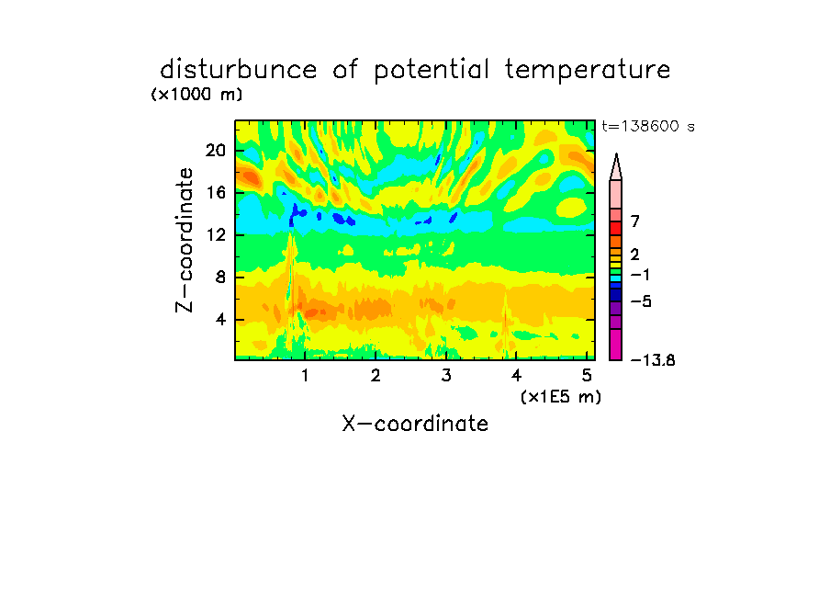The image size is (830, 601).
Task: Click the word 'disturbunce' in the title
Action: (x=239, y=70)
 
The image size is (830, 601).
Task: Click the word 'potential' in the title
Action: (x=432, y=71)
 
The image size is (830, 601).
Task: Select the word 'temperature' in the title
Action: (x=588, y=70)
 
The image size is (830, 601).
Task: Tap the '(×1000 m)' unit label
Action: (x=196, y=95)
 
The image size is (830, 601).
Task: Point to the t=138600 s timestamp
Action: (x=648, y=126)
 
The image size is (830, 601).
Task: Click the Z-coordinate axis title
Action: (x=185, y=240)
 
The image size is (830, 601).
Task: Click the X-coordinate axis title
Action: (x=415, y=424)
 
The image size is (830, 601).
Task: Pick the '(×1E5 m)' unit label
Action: (x=561, y=396)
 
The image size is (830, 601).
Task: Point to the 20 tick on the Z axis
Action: (x=216, y=151)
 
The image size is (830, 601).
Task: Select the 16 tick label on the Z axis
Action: (x=216, y=192)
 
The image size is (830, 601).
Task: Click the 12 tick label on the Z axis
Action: (x=216, y=234)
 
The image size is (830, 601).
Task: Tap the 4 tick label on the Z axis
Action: (x=220, y=320)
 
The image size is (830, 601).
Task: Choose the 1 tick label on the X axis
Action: (x=305, y=375)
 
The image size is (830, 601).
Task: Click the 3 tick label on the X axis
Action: (x=446, y=375)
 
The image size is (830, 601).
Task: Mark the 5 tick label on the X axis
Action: (x=587, y=375)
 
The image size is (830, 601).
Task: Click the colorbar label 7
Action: (x=635, y=221)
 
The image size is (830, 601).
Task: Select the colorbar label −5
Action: (x=641, y=301)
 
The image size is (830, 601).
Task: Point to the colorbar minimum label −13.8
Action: (x=653, y=360)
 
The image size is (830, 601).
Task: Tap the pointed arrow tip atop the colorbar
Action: (x=616, y=154)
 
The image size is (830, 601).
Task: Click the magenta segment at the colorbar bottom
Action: (x=616, y=345)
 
